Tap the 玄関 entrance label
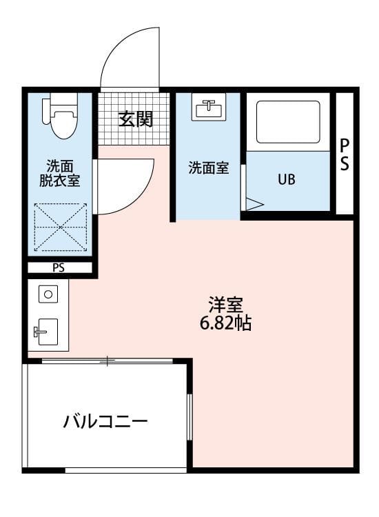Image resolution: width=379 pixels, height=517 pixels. (135, 119)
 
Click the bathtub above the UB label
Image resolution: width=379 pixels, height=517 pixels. (288, 122)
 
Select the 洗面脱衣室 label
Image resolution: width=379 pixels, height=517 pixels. (60, 173)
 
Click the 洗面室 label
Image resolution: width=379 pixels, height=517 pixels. (208, 168)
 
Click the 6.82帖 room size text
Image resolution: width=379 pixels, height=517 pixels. (225, 323)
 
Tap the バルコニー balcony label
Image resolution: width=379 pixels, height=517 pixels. (105, 421)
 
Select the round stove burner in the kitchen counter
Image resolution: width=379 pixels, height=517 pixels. (48, 294)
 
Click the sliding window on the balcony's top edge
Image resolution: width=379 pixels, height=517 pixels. (107, 361)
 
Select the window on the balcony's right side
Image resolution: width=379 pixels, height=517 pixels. (189, 416)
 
